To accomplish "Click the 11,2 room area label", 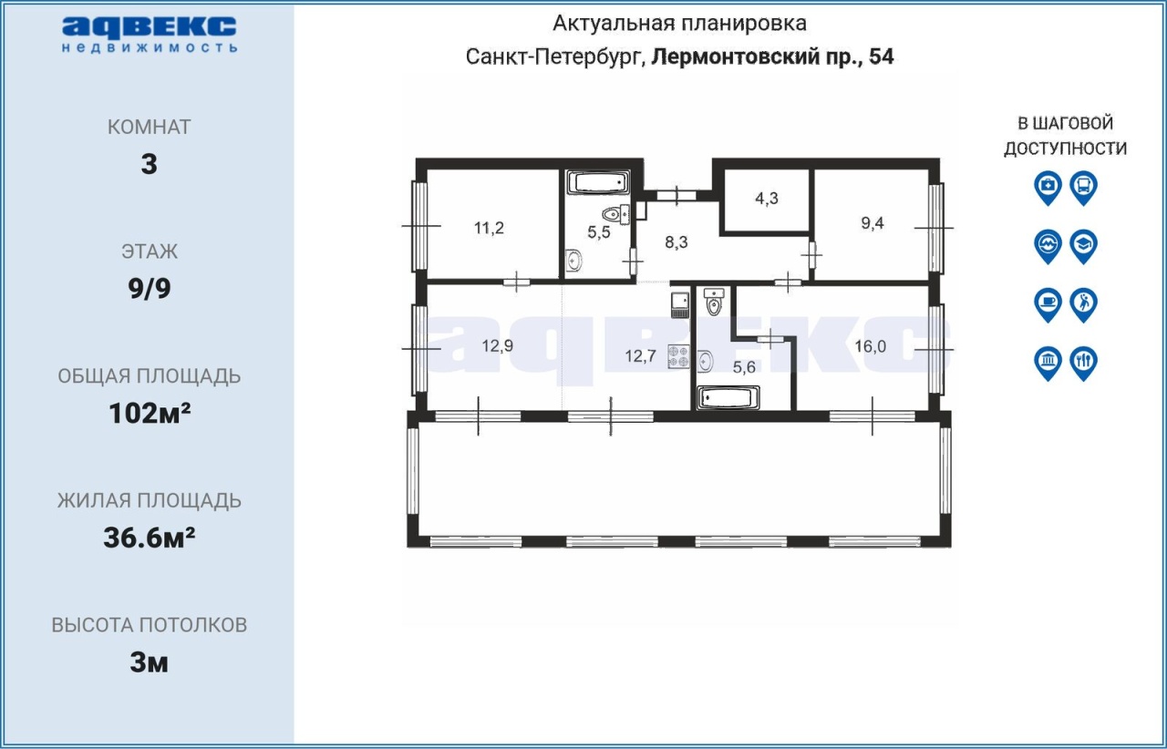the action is click(x=489, y=228).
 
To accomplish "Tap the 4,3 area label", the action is click(x=767, y=199).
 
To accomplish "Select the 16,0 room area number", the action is click(x=870, y=346).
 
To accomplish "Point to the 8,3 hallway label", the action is click(x=676, y=242).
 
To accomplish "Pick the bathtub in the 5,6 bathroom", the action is click(x=728, y=398).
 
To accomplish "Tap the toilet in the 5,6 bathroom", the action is click(x=713, y=302).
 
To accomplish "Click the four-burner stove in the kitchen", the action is click(x=679, y=357).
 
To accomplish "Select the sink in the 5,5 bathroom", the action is click(x=573, y=260).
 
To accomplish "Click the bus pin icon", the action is click(x=1083, y=188).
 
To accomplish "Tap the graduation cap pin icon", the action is click(x=1083, y=246).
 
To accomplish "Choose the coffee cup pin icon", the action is click(x=1048, y=304).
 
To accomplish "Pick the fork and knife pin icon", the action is click(x=1083, y=363).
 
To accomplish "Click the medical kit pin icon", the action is click(x=1048, y=188).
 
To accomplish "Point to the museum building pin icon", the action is click(x=1048, y=363).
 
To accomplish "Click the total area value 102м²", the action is click(x=150, y=414).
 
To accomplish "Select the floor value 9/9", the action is click(x=150, y=289).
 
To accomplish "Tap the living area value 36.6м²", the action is click(x=150, y=538).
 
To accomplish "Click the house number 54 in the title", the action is click(x=882, y=56).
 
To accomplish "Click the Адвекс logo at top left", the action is click(x=150, y=35).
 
